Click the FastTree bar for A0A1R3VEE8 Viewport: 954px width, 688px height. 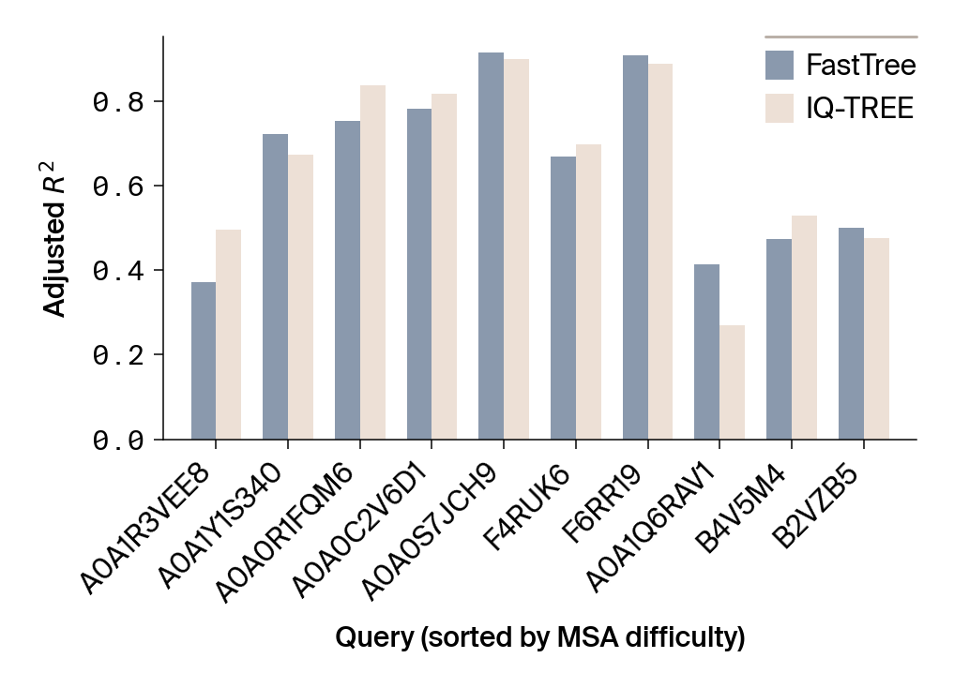204,361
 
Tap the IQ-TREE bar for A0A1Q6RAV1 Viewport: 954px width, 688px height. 732,382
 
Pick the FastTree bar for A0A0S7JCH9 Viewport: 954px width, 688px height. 491,246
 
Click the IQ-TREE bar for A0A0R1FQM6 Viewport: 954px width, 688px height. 372,262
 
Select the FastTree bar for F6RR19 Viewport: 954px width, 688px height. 635,247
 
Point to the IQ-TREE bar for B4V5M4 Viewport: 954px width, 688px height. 804,327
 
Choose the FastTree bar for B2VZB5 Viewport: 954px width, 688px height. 851,334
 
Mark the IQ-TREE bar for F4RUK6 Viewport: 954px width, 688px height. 588,292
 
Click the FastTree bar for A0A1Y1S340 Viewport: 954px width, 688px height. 275,287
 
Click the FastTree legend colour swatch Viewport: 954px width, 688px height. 780,65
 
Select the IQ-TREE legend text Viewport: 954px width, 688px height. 859,109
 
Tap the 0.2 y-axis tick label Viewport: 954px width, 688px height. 118,355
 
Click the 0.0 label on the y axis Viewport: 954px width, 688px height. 118,441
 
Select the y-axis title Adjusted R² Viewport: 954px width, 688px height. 57,239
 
